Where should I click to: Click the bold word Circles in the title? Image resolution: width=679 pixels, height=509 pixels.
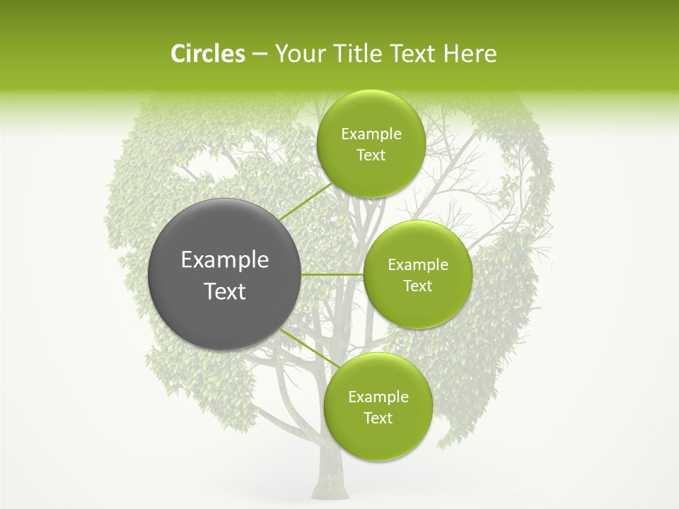(207, 54)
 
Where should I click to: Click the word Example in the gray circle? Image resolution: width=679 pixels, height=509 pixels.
(225, 260)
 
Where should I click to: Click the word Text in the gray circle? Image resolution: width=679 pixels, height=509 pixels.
(225, 291)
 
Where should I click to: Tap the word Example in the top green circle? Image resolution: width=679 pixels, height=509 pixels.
(371, 134)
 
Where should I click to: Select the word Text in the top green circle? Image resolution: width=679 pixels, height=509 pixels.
(371, 156)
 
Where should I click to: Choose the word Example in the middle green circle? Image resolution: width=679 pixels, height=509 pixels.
(418, 265)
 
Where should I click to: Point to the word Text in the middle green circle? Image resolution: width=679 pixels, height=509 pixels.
(418, 286)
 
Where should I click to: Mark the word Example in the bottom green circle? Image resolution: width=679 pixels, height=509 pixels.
(378, 397)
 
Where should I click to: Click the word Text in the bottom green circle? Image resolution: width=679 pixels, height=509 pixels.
(378, 419)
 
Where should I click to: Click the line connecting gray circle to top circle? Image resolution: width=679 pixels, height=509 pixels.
(304, 201)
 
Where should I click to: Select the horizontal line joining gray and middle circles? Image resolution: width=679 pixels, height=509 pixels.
(332, 274)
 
